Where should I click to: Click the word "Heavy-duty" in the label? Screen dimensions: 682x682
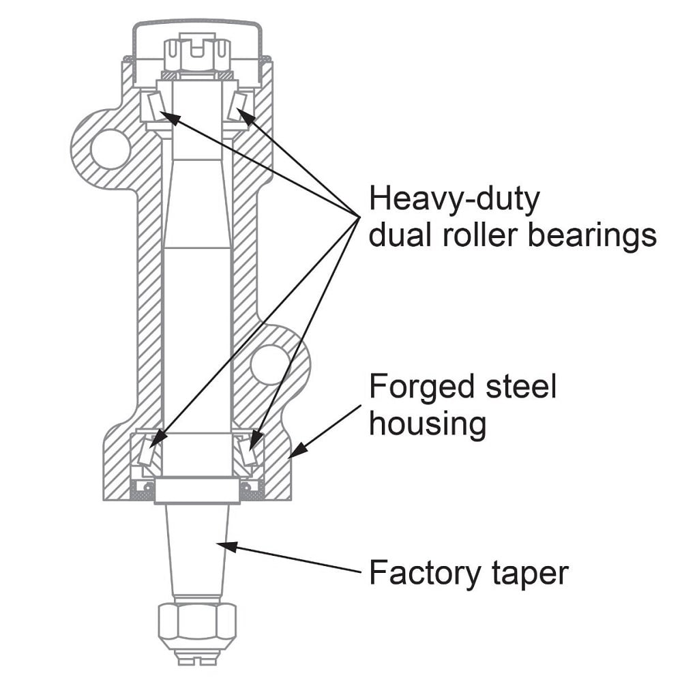pos(454,201)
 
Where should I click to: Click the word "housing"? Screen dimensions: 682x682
pos(428,424)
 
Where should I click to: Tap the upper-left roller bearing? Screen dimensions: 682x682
pos(154,106)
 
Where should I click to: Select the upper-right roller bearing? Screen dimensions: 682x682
pos(238,106)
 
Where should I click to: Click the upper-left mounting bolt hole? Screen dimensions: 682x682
pos(110,149)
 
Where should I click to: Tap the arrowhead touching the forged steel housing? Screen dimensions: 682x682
pos(295,451)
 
